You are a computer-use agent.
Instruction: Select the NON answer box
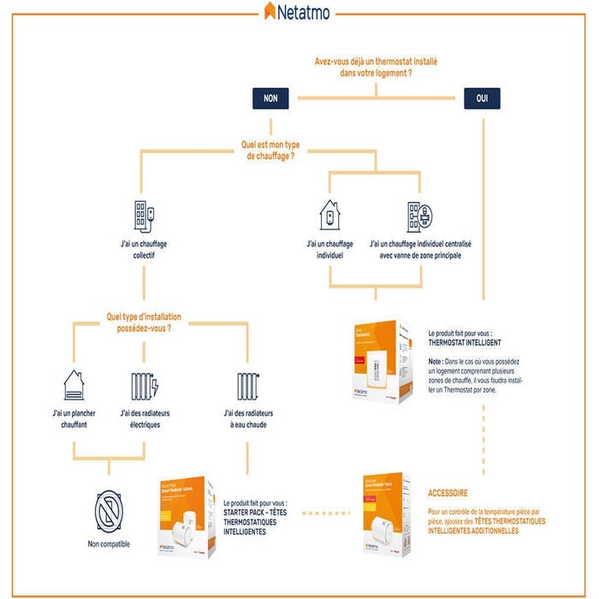point(270,98)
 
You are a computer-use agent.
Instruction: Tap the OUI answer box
point(483,98)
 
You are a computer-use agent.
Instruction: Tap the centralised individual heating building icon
point(419,216)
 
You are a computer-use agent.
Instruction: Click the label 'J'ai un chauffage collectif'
point(144,249)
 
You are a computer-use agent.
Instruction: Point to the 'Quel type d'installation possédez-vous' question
point(144,321)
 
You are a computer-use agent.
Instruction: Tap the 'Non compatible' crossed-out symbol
point(110,511)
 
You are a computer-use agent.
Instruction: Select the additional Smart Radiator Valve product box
point(383,514)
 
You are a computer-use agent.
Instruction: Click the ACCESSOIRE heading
point(448,494)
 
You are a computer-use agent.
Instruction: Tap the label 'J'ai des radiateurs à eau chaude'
point(246,419)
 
